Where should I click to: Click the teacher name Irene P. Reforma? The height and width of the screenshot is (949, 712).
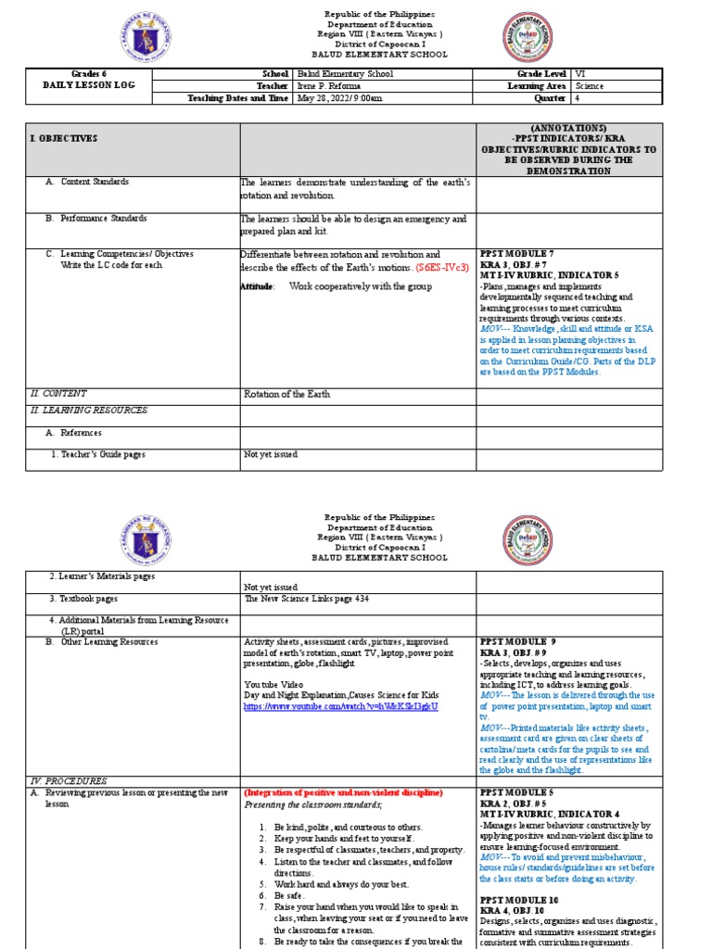(x=329, y=85)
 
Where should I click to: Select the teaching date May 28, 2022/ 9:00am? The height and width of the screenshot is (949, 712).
(x=339, y=97)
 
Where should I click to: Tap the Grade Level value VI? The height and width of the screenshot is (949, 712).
(x=580, y=73)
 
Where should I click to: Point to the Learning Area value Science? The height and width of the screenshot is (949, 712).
(x=590, y=85)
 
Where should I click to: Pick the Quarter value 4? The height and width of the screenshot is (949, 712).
(x=578, y=97)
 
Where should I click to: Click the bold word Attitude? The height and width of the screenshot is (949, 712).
(x=257, y=286)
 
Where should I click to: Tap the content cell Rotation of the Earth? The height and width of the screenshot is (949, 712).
(x=286, y=394)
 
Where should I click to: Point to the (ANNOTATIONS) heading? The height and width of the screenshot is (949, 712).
(x=569, y=127)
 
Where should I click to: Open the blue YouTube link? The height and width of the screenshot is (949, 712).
(x=339, y=706)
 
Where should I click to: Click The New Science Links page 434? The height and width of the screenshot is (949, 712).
(x=306, y=599)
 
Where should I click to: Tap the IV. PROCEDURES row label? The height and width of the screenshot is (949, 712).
(x=68, y=781)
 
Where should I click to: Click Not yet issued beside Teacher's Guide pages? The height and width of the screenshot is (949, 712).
(x=271, y=454)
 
